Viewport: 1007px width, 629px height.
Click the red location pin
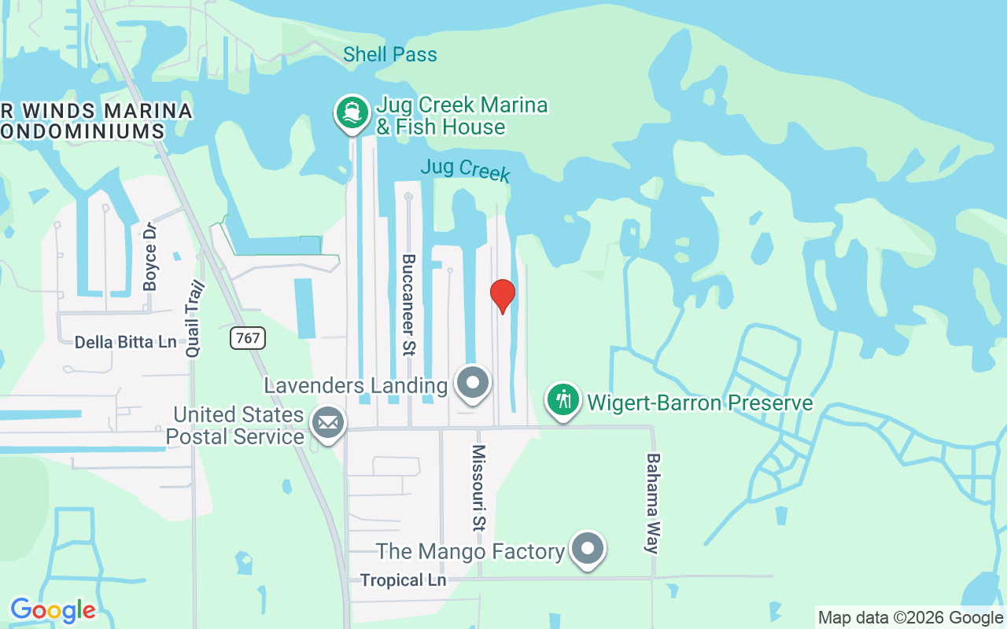tap(503, 296)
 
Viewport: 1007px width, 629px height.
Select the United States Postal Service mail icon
tap(327, 424)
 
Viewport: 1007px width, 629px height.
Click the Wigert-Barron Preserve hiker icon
tap(563, 399)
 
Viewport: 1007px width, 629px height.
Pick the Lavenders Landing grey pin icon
tap(473, 384)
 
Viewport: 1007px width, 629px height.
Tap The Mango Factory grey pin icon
tap(587, 549)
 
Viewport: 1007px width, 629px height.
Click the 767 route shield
tap(248, 339)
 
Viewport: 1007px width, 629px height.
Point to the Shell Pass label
tap(390, 54)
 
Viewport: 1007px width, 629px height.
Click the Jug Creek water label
tap(465, 169)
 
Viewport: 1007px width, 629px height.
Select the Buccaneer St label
tap(408, 304)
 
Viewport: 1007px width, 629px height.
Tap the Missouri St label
tap(478, 487)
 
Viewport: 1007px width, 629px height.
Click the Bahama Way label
tap(652, 503)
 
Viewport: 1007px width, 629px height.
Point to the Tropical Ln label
tap(403, 580)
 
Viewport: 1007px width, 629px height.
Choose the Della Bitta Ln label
tap(126, 342)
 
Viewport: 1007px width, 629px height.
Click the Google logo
tap(53, 610)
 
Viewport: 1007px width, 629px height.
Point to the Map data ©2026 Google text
tap(910, 618)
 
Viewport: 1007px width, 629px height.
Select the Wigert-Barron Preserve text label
tap(700, 403)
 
